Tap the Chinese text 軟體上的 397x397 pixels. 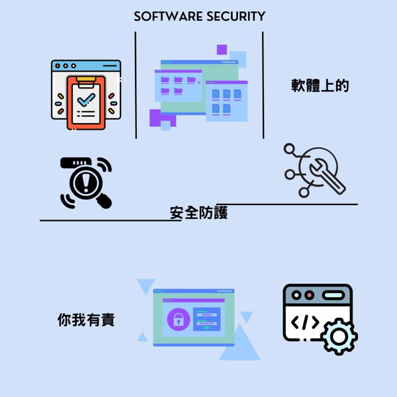[320, 86]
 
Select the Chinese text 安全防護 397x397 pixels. [198, 213]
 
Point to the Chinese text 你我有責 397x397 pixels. [86, 320]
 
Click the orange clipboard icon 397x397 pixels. [86, 103]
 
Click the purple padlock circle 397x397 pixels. [178, 320]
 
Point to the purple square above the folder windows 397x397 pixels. [222, 50]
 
